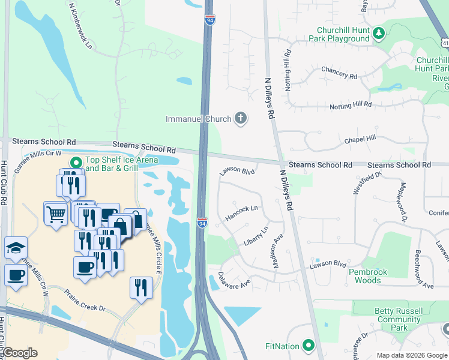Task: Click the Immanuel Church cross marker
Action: tap(240, 118)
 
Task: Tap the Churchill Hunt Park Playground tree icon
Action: tap(379, 34)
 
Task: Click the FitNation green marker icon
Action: tap(309, 346)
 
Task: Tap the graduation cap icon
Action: tap(16, 248)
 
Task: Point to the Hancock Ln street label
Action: tap(241, 212)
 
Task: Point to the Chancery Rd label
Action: tap(339, 73)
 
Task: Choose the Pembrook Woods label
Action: tap(364, 276)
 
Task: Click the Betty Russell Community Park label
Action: tap(399, 319)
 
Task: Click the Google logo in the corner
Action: tap(20, 353)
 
